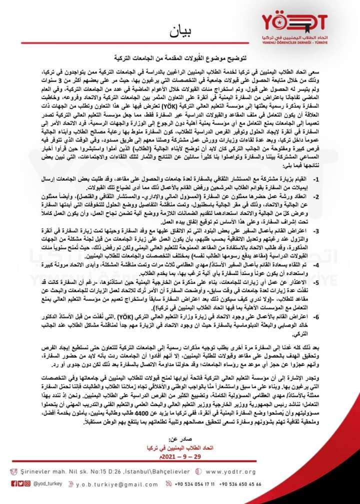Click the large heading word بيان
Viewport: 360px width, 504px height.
[180, 33]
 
